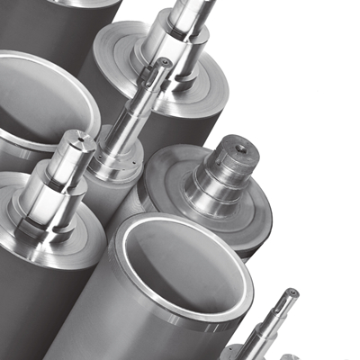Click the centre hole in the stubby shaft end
coord(242,143)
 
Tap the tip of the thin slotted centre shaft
coord(163,65)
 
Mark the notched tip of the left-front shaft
coord(73,137)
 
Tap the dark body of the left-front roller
coord(27,306)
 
